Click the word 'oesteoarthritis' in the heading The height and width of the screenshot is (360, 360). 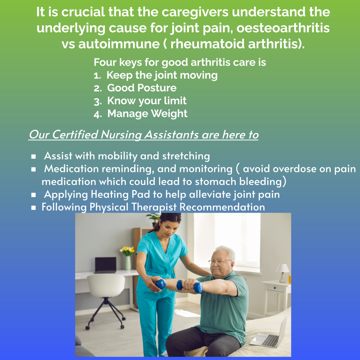(283, 28)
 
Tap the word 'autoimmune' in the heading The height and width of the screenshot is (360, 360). (119, 44)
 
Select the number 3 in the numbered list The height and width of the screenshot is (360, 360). (97, 101)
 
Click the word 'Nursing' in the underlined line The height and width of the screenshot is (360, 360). (121, 135)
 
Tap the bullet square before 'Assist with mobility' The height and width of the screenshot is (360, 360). (34, 157)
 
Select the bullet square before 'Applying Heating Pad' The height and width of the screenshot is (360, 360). (34, 195)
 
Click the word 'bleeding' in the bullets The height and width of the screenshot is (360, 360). (261, 182)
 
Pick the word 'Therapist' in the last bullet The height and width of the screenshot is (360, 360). (154, 207)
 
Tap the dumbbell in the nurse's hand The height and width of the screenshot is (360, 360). (161, 284)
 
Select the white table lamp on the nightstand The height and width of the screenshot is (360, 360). (283, 273)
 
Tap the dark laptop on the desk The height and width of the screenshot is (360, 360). (105, 265)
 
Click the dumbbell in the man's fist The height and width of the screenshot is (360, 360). (189, 287)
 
